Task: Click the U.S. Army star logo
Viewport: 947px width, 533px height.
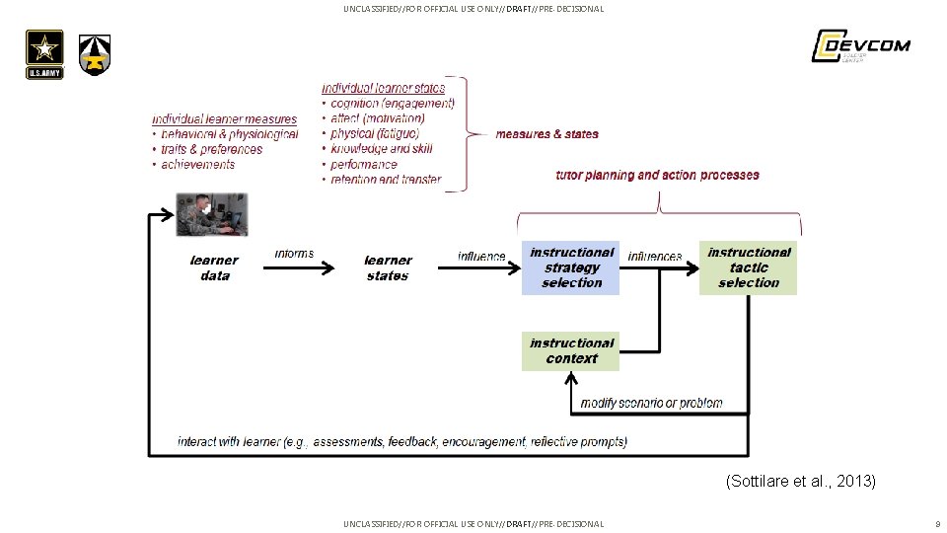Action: click(44, 53)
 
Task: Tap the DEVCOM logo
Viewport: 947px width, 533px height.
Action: click(860, 46)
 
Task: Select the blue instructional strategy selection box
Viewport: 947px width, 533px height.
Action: click(571, 267)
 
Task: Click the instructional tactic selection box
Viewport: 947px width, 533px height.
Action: click(749, 267)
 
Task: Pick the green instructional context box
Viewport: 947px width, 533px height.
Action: click(571, 351)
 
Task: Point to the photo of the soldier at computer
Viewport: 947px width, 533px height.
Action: click(212, 215)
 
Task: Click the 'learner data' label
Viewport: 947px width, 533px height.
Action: click(214, 268)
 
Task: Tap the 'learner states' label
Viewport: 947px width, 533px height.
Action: click(388, 268)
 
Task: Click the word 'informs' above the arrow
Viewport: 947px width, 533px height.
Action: click(294, 254)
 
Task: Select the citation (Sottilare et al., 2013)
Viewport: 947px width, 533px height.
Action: click(800, 482)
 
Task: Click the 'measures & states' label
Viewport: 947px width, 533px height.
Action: click(546, 134)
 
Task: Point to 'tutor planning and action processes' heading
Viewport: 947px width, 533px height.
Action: click(657, 176)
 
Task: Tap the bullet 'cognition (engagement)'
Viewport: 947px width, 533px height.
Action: click(393, 103)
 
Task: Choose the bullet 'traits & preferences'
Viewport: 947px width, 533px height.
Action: click(211, 149)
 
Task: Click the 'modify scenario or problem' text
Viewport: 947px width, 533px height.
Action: click(651, 403)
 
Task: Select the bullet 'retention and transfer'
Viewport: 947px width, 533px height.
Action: click(386, 180)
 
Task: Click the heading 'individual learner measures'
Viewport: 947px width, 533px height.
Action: click(224, 119)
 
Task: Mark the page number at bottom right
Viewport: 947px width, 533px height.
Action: click(936, 523)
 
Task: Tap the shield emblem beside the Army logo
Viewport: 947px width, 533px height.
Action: click(95, 54)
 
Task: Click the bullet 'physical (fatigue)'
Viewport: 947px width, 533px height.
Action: click(375, 133)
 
